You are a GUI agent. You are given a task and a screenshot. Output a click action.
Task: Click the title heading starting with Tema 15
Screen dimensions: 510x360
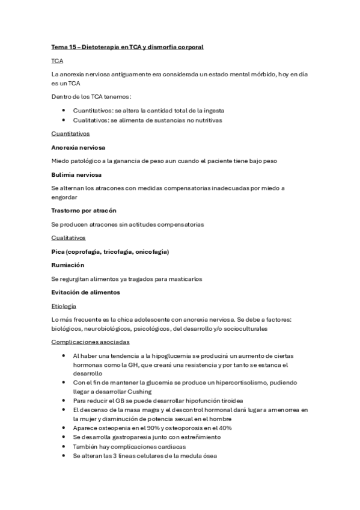127,47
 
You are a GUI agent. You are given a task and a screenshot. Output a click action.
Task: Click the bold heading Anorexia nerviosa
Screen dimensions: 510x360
80,147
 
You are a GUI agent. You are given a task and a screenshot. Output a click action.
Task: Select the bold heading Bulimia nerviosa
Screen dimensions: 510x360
76,174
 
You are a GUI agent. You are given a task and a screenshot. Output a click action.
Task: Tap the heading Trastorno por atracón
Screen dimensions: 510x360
84,210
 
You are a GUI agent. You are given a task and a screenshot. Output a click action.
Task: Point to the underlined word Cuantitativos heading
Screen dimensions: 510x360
70,134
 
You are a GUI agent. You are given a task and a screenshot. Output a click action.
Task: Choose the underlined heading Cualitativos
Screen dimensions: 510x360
68,238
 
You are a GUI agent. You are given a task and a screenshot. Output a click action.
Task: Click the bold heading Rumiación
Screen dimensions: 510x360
68,265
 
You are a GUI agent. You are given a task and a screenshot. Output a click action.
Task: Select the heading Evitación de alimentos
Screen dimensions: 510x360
86,292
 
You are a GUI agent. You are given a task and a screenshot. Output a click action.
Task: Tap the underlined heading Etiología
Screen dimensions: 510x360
64,306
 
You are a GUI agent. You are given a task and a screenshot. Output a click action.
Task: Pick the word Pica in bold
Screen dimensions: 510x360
58,251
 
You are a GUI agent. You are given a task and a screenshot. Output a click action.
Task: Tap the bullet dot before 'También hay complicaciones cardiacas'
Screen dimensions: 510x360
64,446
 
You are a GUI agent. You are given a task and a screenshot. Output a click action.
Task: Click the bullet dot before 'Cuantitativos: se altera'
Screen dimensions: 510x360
64,111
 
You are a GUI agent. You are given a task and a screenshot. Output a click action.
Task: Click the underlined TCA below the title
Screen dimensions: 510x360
58,61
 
